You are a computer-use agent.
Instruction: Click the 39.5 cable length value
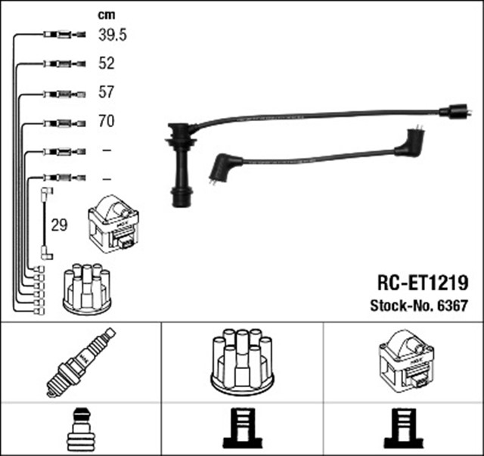113,35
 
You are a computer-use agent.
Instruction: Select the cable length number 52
107,64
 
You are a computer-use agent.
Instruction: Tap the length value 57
107,92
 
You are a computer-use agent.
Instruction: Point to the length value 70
107,121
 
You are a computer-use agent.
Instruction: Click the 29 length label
58,225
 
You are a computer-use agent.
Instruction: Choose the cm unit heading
107,14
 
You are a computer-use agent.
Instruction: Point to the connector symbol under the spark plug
79,429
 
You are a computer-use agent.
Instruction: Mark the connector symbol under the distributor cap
242,429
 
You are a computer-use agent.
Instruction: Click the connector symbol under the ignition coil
403,429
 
